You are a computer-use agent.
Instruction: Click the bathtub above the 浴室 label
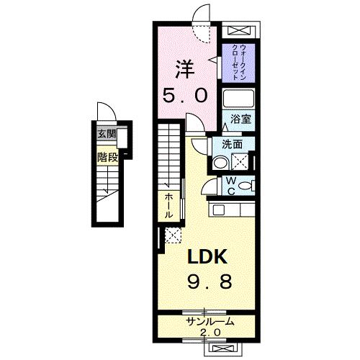click(238, 99)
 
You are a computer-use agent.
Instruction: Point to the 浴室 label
click(240, 120)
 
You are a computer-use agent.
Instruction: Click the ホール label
click(168, 205)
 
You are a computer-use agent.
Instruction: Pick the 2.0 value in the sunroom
click(209, 332)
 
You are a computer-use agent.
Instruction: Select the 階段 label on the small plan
click(108, 156)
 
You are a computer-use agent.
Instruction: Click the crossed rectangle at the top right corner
click(239, 31)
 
